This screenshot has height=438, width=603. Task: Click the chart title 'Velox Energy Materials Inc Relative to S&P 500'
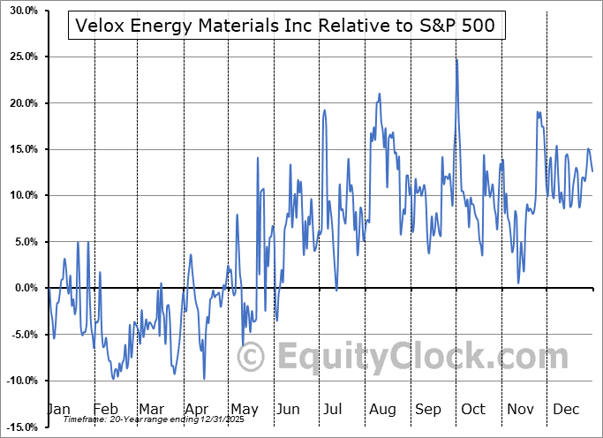pyautogui.click(x=287, y=27)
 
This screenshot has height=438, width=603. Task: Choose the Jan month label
pyautogui.click(x=58, y=409)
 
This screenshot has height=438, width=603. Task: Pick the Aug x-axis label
pyautogui.click(x=381, y=409)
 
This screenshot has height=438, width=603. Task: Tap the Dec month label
pyautogui.click(x=565, y=409)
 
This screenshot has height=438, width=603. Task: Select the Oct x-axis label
pyautogui.click(x=473, y=409)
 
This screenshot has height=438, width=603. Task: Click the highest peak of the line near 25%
pyautogui.click(x=456, y=60)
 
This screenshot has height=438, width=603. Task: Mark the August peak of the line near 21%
pyautogui.click(x=380, y=94)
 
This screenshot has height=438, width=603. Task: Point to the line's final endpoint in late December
pyautogui.click(x=592, y=171)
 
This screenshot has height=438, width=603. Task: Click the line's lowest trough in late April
pyautogui.click(x=204, y=379)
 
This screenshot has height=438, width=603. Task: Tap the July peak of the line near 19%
pyautogui.click(x=325, y=110)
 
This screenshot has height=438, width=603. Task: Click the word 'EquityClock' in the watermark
pyautogui.click(x=393, y=357)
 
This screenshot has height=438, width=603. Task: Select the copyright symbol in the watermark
pyautogui.click(x=252, y=357)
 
